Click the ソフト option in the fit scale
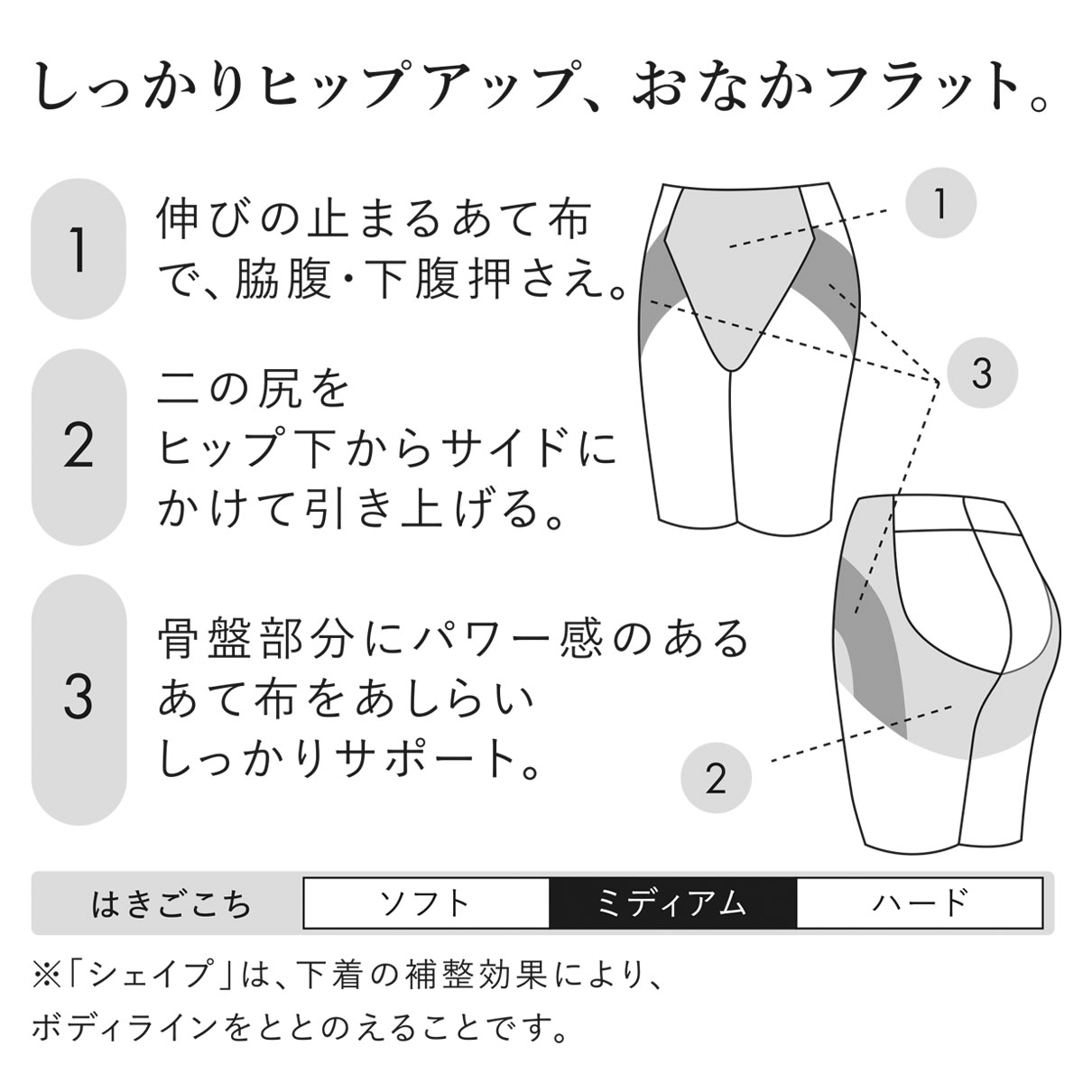[x=425, y=903]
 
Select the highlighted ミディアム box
[x=672, y=903]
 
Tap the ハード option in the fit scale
[x=920, y=903]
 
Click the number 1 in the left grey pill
[x=79, y=249]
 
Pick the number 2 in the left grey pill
[x=79, y=448]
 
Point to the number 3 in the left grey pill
[x=79, y=699]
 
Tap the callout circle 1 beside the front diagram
[x=940, y=203]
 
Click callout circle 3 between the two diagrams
[x=983, y=372]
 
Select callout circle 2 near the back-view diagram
[x=716, y=778]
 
